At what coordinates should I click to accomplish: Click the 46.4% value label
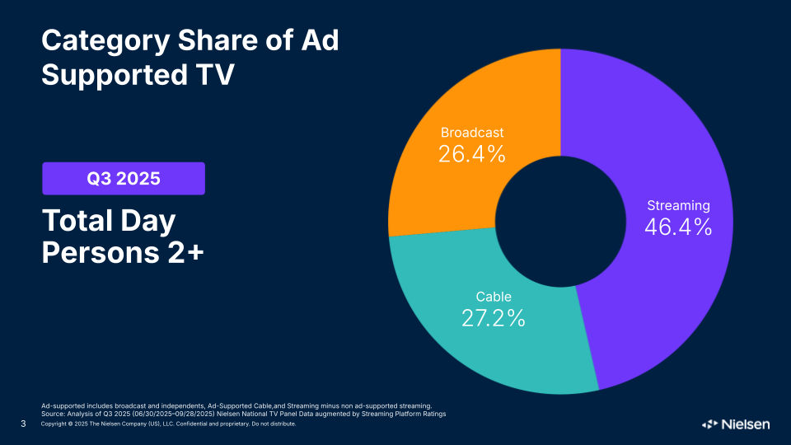(x=677, y=227)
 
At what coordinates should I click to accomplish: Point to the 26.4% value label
(x=471, y=154)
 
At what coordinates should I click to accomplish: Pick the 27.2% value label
(x=493, y=318)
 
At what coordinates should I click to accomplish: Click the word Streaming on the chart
(x=678, y=206)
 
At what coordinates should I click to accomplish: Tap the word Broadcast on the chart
(x=471, y=133)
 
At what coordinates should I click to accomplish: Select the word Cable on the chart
(x=494, y=297)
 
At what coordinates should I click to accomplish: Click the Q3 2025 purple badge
(x=124, y=178)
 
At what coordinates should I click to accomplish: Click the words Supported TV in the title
(x=138, y=74)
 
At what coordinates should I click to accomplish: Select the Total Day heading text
(x=108, y=221)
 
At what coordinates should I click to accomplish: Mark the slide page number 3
(x=22, y=424)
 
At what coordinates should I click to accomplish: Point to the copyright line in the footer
(x=168, y=424)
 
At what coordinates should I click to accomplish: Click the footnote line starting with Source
(x=243, y=414)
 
